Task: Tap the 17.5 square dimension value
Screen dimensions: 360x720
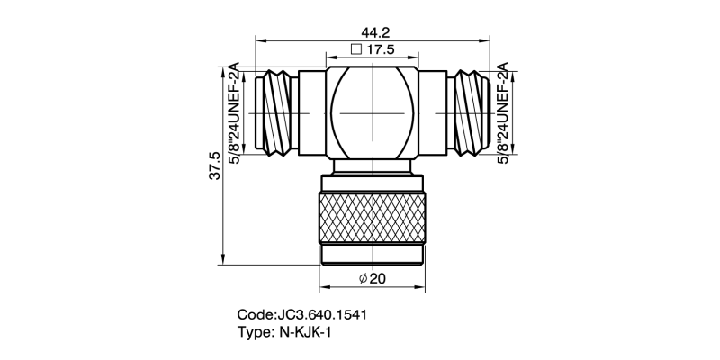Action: pos(382,51)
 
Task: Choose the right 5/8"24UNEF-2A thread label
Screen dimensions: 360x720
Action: pos(503,113)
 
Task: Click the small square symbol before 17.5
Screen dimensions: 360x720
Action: pos(355,51)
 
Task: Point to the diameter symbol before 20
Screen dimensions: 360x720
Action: pos(362,279)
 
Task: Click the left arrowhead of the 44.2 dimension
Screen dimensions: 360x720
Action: pos(261,40)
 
